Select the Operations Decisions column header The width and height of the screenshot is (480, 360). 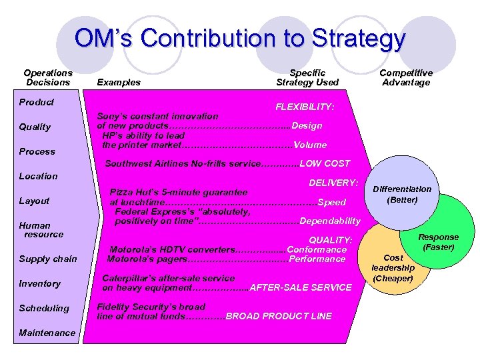click(x=48, y=77)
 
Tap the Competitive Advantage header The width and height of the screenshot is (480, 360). click(x=405, y=77)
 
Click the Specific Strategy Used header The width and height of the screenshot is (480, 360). click(x=307, y=77)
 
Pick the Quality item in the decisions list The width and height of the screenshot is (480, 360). click(x=35, y=127)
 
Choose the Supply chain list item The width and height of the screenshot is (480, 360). click(x=48, y=259)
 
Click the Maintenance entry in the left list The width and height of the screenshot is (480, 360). click(x=47, y=333)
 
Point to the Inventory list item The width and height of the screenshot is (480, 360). click(x=39, y=283)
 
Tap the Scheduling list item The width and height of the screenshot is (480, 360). click(x=44, y=308)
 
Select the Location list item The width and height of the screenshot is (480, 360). click(x=38, y=176)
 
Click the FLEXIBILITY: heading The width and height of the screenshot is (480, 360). click(x=305, y=106)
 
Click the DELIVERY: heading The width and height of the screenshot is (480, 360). click(x=334, y=182)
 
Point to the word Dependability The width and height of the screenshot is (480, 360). click(x=331, y=221)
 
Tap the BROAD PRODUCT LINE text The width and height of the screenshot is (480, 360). click(x=279, y=316)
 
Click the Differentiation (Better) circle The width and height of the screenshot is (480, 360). click(x=402, y=194)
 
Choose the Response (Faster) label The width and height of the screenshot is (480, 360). click(x=438, y=241)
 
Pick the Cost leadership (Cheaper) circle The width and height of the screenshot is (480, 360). click(x=393, y=267)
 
